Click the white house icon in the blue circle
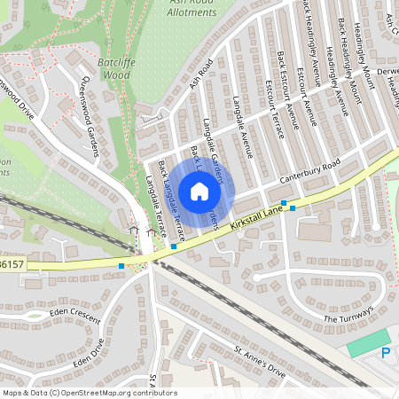199,191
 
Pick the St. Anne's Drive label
260,362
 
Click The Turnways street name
348,316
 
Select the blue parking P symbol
385,352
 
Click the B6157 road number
11,263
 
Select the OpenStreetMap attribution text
89,393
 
